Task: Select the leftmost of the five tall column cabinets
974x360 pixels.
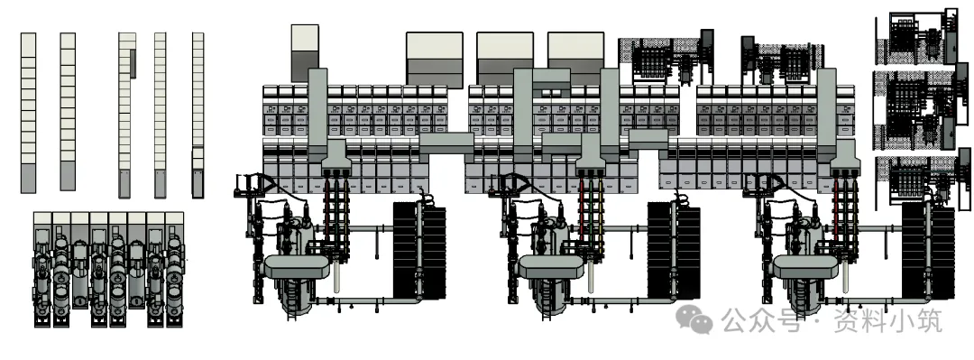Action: point(29,113)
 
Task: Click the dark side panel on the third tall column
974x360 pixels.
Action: point(133,64)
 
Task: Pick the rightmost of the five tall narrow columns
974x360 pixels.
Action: point(198,115)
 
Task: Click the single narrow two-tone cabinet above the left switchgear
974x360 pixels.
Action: point(305,53)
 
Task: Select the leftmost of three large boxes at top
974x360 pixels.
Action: point(435,60)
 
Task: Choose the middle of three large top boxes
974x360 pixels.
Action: point(505,60)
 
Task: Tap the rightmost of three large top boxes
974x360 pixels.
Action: point(575,60)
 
